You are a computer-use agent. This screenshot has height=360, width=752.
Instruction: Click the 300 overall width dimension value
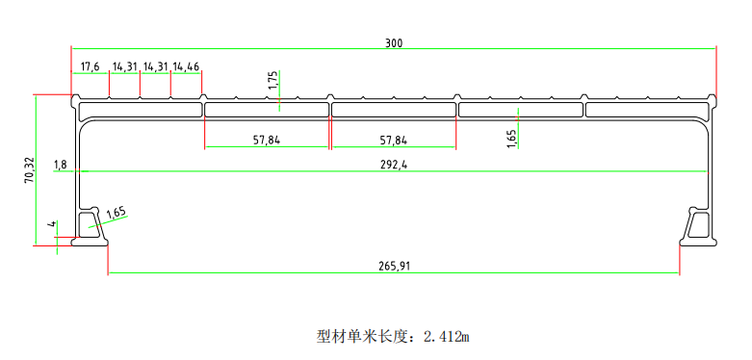coord(394,42)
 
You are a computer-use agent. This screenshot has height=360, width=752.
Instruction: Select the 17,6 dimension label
coord(90,66)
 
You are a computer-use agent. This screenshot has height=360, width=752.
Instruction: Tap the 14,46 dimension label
coord(186,66)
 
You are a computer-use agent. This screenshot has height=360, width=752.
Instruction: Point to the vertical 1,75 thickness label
coord(272,80)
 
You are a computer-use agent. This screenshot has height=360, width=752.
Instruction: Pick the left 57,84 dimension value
coord(267,140)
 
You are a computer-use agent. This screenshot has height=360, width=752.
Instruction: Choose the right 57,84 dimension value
coord(393,140)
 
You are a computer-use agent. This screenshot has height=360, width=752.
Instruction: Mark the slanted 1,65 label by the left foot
coord(117,213)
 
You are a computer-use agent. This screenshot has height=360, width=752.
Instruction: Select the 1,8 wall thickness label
coord(61,165)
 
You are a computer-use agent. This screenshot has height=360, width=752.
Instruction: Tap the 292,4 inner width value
coord(394,165)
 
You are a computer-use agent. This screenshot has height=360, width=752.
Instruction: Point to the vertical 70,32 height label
coord(29,169)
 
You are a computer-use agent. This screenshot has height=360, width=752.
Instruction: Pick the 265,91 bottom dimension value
coord(393,266)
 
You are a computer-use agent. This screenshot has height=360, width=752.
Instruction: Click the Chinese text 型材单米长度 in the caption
coord(364,337)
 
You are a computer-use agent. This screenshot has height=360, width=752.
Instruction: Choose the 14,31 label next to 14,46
coord(155,66)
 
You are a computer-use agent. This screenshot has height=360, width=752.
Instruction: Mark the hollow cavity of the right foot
coord(698,228)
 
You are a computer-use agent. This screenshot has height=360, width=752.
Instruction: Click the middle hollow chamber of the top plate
coord(394,110)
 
